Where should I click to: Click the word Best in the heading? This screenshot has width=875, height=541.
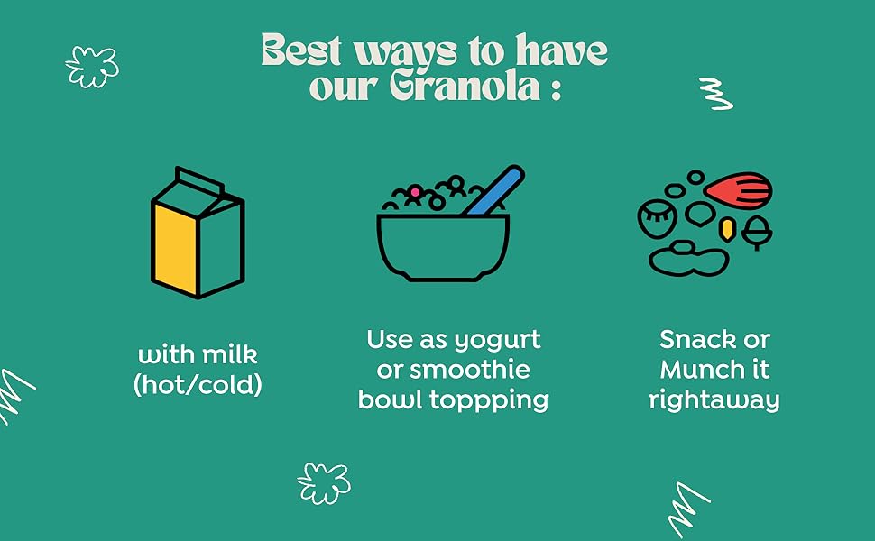(x=301, y=50)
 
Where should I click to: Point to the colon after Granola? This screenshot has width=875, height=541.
(x=554, y=90)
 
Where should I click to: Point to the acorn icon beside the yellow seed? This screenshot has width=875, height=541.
(x=755, y=233)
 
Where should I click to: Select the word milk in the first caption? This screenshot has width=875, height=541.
(x=229, y=353)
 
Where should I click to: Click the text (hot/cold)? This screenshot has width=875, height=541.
(x=198, y=384)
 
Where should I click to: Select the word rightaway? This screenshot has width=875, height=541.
(x=714, y=399)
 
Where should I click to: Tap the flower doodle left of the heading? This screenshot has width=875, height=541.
(x=91, y=66)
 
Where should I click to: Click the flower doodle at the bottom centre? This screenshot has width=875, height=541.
(x=323, y=483)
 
